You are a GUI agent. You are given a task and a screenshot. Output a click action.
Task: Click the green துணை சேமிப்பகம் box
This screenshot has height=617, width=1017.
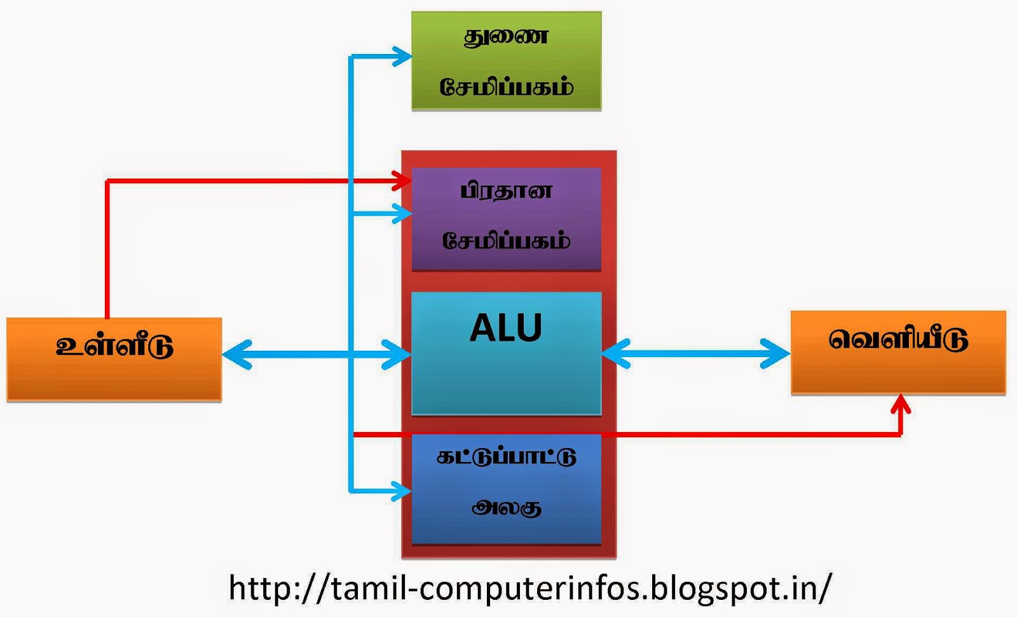[506, 61]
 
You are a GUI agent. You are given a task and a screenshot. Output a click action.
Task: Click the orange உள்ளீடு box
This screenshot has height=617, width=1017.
[114, 359]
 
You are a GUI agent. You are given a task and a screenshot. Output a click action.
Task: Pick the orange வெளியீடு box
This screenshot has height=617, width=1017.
[898, 353]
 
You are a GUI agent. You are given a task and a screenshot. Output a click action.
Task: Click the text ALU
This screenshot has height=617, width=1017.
[506, 328]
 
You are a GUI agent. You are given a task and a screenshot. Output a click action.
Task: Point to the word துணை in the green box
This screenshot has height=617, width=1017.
[506, 37]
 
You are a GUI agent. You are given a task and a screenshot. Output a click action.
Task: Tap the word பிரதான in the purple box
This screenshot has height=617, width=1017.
[506, 191]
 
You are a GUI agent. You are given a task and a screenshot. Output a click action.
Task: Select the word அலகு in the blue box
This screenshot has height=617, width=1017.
[506, 507]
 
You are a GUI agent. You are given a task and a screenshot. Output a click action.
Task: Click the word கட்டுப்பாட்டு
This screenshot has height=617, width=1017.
[506, 457]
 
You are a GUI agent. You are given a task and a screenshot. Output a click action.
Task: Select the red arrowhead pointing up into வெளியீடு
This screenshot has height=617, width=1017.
[901, 404]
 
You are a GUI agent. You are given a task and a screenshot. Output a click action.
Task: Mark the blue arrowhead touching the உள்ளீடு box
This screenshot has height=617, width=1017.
[235, 354]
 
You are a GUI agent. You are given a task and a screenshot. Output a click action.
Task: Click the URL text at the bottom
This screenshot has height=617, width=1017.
[529, 588]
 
